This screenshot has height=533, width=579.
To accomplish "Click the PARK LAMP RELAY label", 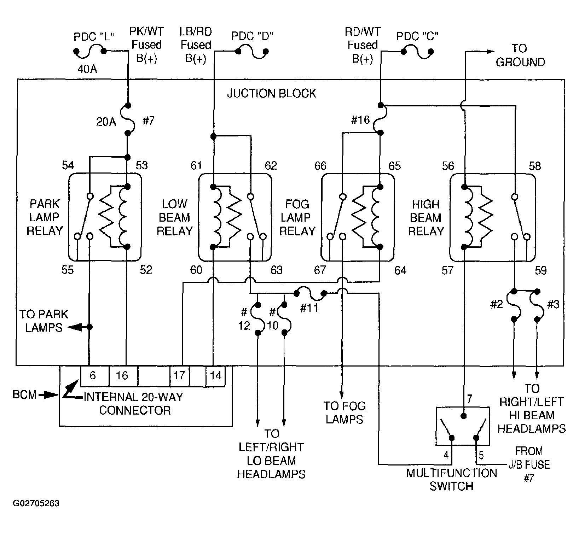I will click(45, 217).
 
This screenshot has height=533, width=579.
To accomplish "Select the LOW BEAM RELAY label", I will click(174, 217).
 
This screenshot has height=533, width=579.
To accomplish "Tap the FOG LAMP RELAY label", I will click(297, 217).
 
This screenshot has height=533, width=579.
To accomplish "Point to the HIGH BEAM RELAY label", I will click(425, 217).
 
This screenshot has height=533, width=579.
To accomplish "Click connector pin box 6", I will click(93, 375).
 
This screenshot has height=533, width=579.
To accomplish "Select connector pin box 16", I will click(122, 375).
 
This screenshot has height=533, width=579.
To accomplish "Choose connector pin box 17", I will click(179, 375).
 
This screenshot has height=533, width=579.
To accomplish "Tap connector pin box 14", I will click(215, 375).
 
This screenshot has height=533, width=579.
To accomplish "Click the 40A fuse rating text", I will click(87, 69).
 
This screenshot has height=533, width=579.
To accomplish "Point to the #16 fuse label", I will click(360, 120).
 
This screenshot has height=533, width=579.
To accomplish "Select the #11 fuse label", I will click(309, 308).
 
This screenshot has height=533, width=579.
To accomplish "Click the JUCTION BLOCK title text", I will click(271, 93).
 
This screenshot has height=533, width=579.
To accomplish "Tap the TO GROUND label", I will click(520, 55).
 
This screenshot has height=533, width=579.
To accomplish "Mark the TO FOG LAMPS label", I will click(344, 412).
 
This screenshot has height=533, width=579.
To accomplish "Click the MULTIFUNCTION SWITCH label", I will click(451, 479).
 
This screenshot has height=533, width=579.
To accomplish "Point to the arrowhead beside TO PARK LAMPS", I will click(73, 327).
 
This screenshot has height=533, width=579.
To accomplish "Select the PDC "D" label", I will click(253, 36).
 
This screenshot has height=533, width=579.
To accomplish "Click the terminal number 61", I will click(196, 165).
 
